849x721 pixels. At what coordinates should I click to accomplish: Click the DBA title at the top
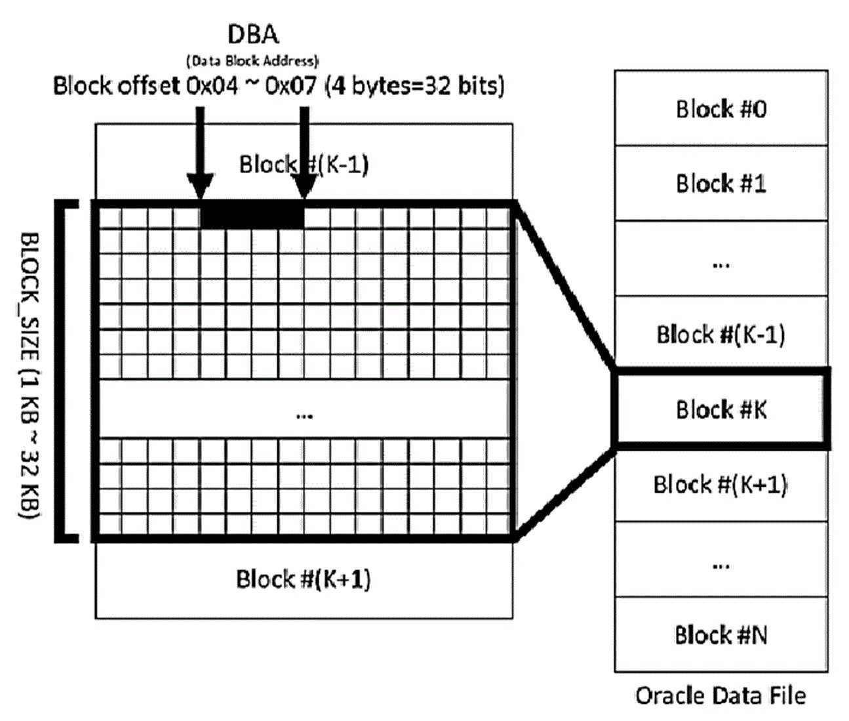point(254,34)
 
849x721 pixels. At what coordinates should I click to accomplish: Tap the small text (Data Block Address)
point(253,61)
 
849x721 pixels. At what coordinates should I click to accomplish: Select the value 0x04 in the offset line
point(212,86)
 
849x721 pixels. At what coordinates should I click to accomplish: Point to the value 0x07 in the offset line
point(291,86)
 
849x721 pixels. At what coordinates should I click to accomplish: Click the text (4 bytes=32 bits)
point(415,86)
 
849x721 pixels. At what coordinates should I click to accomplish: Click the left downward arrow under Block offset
point(200,153)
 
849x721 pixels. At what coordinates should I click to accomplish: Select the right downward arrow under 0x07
point(304,153)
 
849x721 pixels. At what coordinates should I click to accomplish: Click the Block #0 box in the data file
point(721,108)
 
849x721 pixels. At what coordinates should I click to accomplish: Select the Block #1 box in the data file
point(721,183)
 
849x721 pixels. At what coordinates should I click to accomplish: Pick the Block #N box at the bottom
point(721,635)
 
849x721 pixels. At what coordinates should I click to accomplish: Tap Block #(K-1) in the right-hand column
point(721,333)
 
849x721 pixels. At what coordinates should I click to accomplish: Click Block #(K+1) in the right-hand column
point(721,485)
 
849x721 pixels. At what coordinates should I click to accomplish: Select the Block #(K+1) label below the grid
point(303,579)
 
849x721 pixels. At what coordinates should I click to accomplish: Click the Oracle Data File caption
point(721,696)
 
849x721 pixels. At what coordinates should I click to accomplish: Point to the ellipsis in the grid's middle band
point(304,416)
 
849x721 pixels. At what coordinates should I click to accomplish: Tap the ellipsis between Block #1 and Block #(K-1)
point(721,265)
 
